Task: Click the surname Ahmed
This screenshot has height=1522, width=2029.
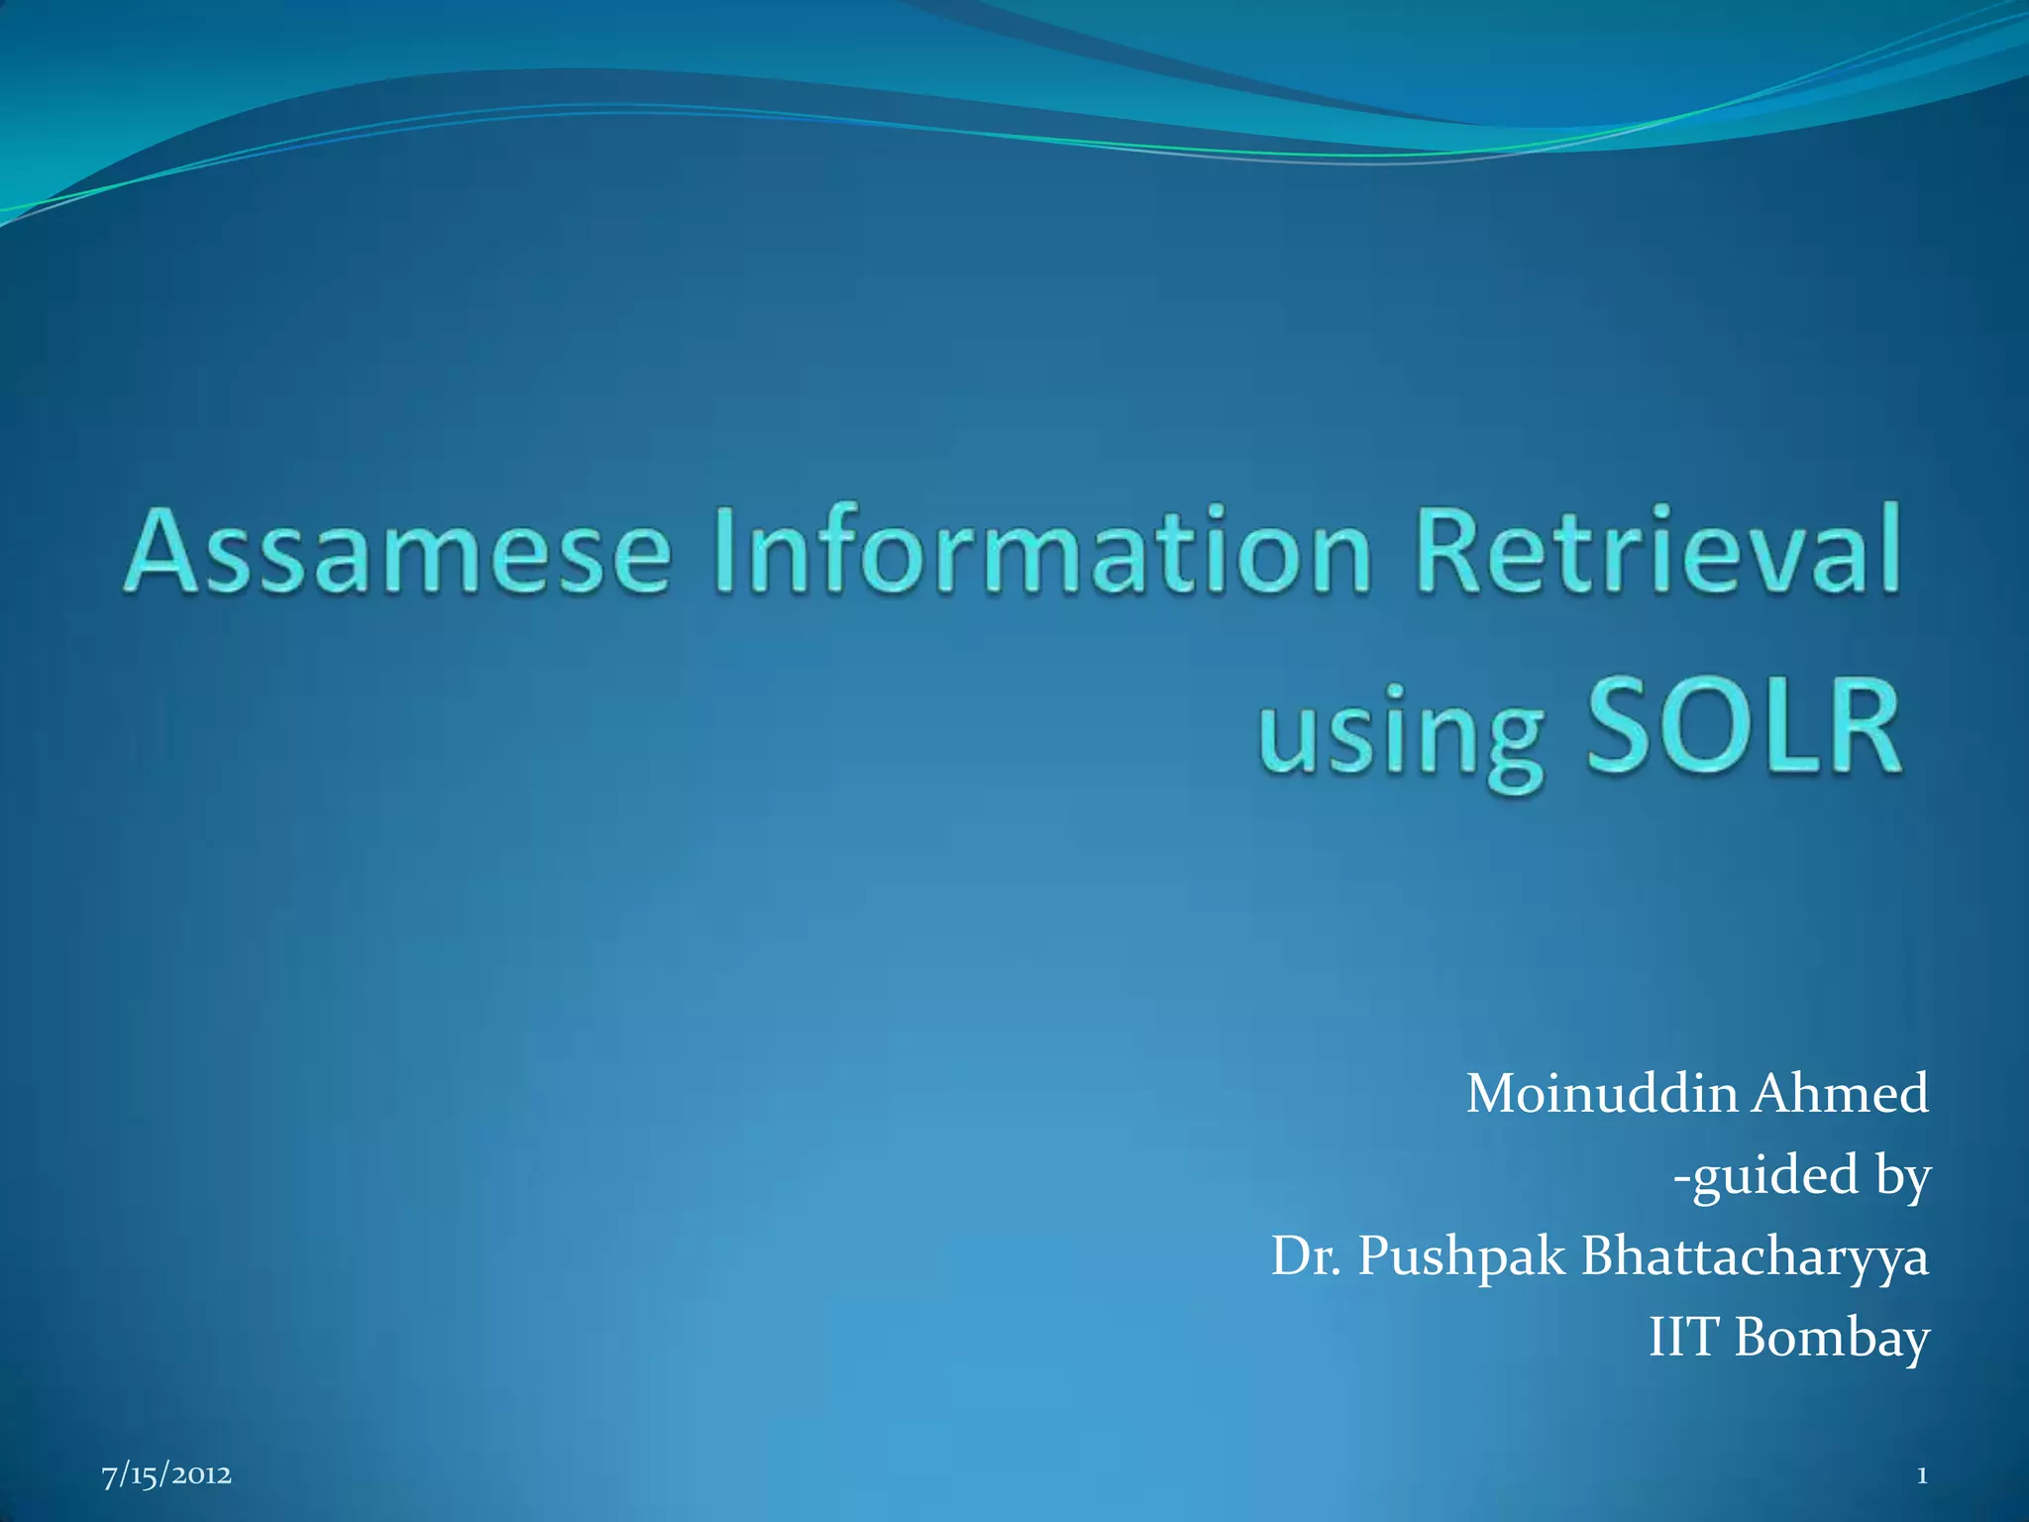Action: tap(1841, 1095)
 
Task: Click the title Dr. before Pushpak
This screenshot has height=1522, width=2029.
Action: tap(1307, 1257)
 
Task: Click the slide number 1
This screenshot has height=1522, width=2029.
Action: tap(1921, 1476)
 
